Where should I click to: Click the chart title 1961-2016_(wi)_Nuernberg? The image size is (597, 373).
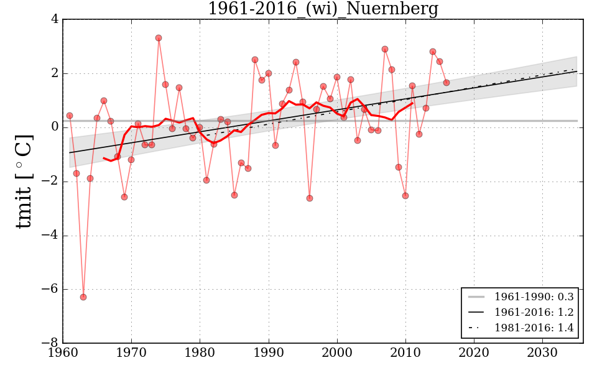(x=323, y=9)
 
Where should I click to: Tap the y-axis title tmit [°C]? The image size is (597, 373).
(x=24, y=181)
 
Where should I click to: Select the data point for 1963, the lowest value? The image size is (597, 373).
(x=83, y=297)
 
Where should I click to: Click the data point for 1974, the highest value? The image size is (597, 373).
(x=159, y=38)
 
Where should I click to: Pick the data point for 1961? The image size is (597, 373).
(x=70, y=116)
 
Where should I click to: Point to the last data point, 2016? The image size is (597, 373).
(x=447, y=83)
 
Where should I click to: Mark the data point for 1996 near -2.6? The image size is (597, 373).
(x=310, y=198)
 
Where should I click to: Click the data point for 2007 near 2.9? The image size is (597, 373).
(x=385, y=49)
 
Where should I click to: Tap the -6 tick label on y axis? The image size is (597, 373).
(x=50, y=289)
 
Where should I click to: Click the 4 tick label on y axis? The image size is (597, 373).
(x=55, y=19)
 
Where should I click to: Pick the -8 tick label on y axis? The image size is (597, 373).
(x=50, y=343)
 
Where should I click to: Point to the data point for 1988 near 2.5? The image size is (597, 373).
(x=255, y=60)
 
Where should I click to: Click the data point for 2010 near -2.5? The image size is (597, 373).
(x=405, y=196)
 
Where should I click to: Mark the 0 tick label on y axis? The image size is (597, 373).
(x=55, y=127)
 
